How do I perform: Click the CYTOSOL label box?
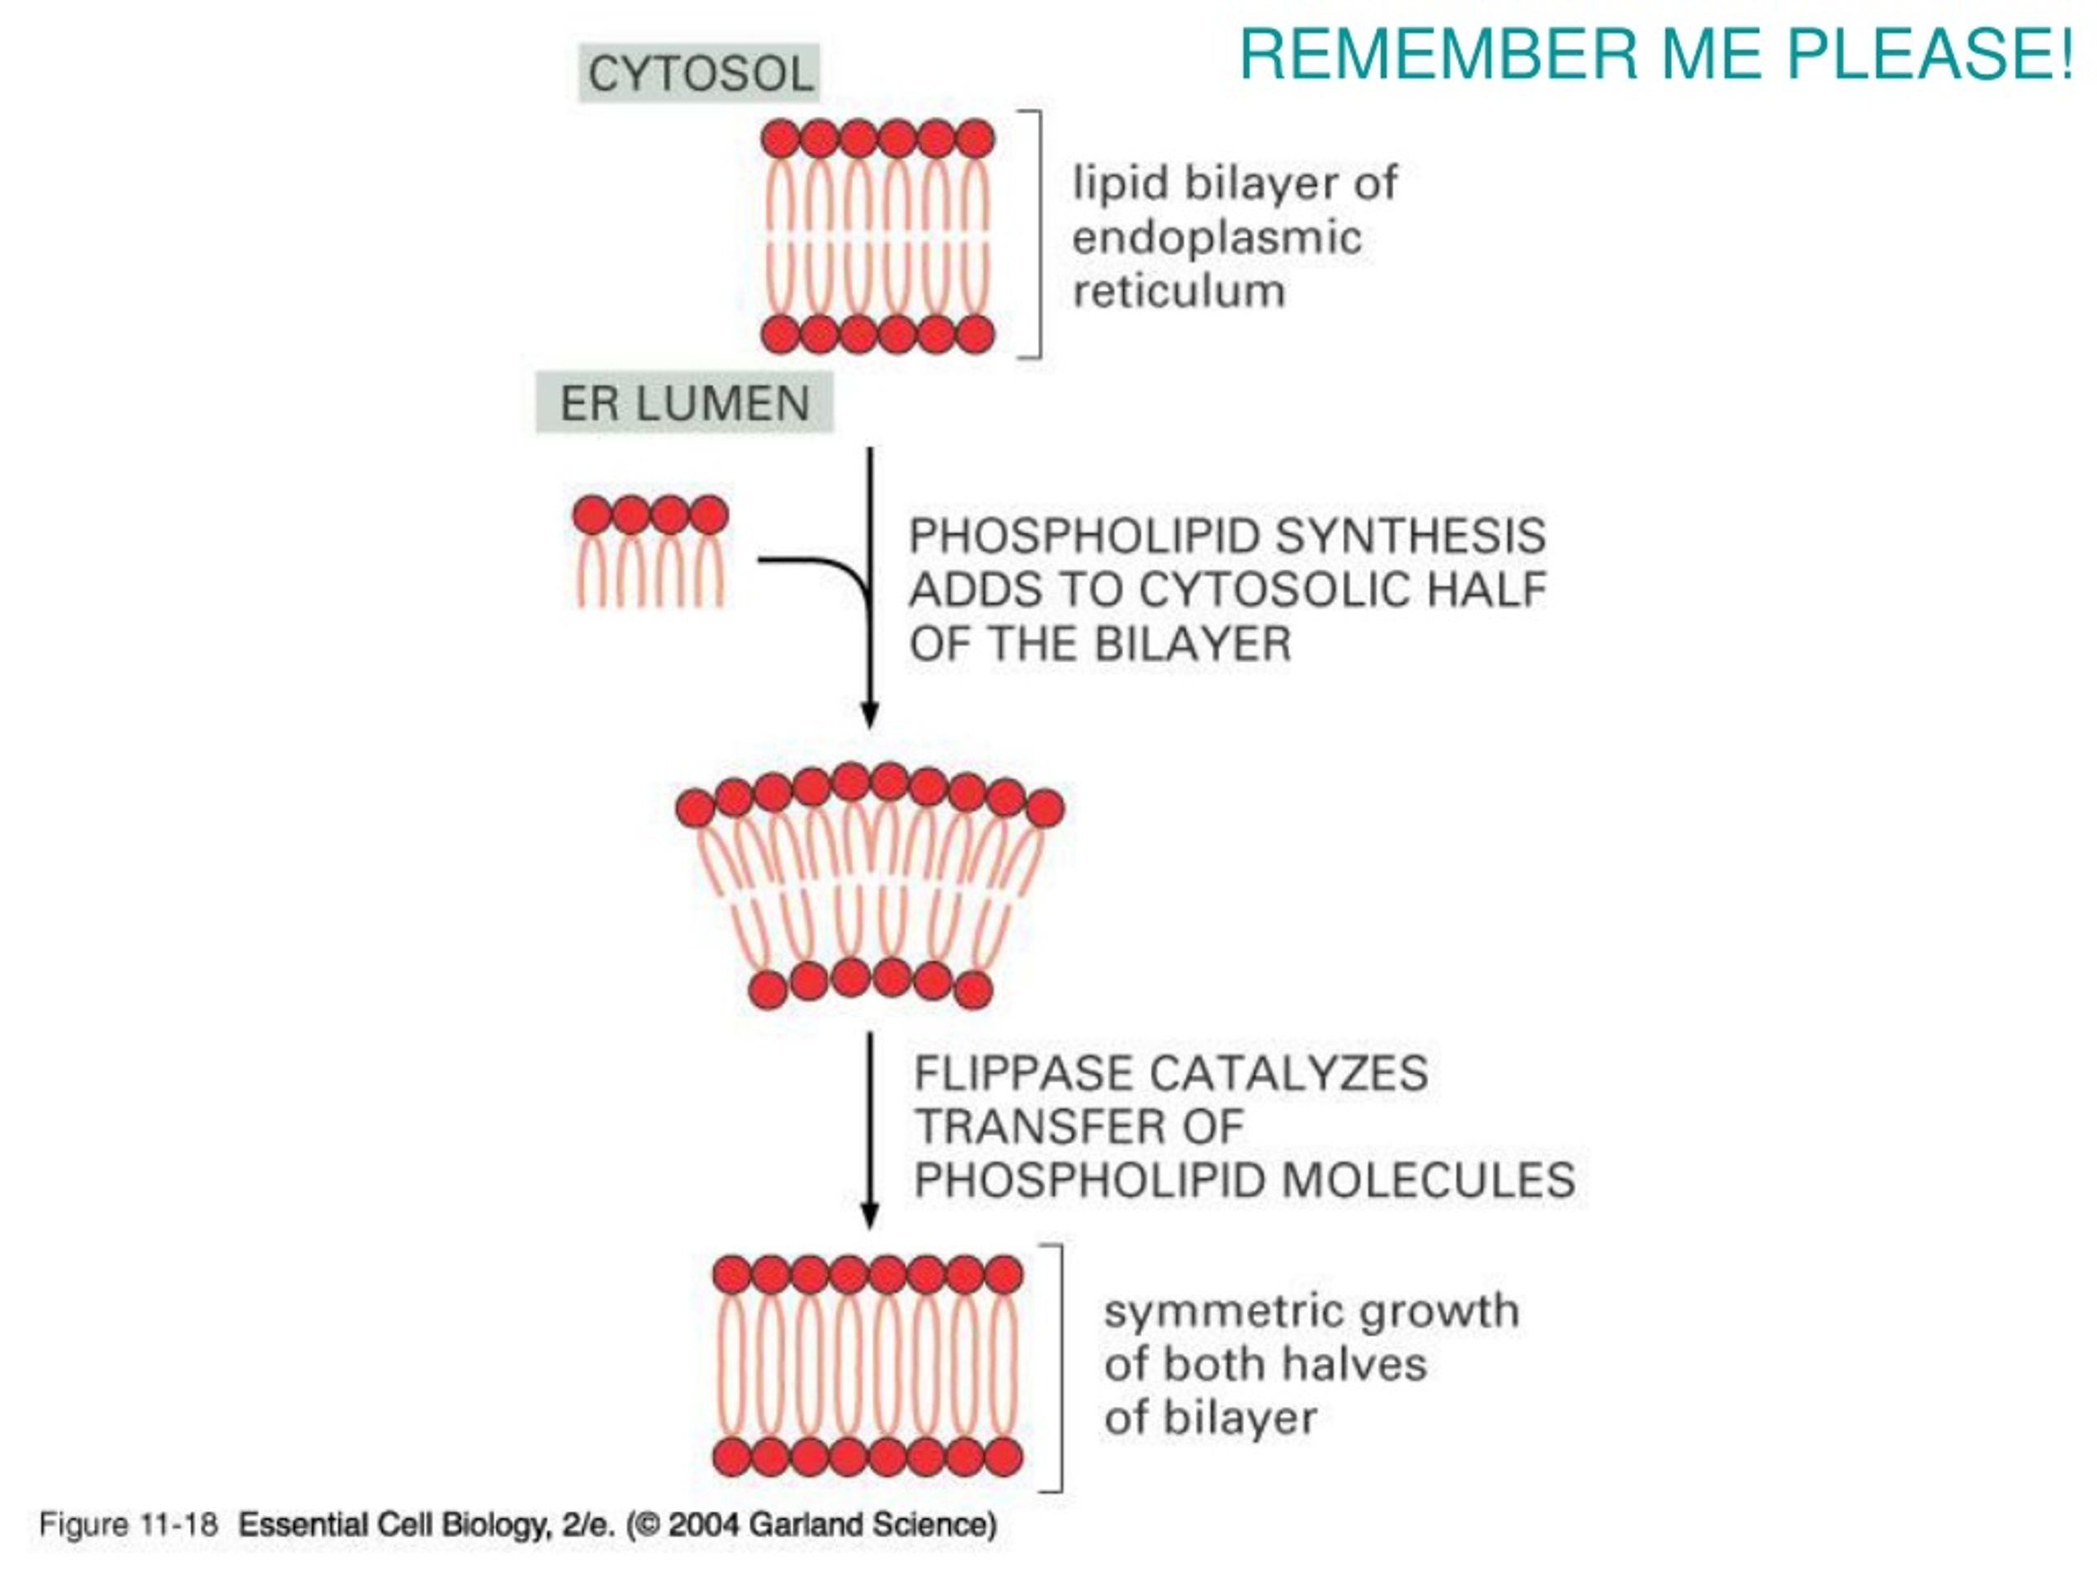pyautogui.click(x=699, y=73)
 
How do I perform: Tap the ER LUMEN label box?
pyautogui.click(x=685, y=403)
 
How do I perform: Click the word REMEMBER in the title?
pyautogui.click(x=1438, y=54)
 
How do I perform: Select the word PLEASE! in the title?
pyautogui.click(x=1930, y=54)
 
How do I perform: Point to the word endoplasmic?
pyautogui.click(x=1217, y=238)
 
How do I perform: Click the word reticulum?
pyautogui.click(x=1180, y=291)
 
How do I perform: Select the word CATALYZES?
pyautogui.click(x=1289, y=1073)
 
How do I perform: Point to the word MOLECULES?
pyautogui.click(x=1429, y=1181)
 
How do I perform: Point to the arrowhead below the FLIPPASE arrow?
pyautogui.click(x=870, y=1217)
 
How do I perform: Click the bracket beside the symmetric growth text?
pyautogui.click(x=1061, y=1368)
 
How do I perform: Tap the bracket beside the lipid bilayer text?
pyautogui.click(x=1041, y=234)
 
